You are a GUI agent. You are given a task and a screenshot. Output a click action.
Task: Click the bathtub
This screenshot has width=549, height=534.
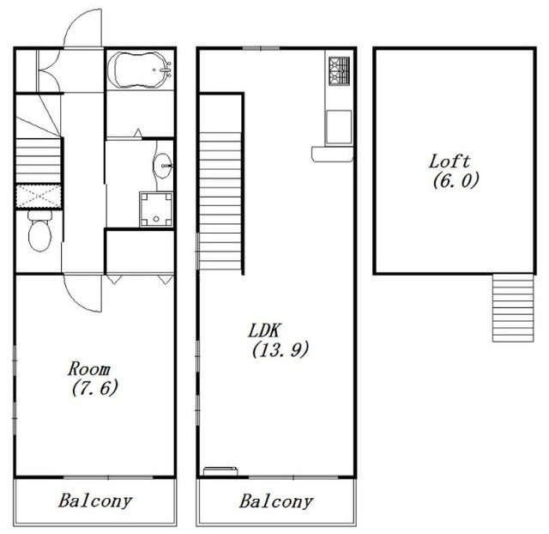click(x=140, y=70)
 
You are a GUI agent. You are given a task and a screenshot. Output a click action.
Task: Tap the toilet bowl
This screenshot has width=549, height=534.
click(x=39, y=231)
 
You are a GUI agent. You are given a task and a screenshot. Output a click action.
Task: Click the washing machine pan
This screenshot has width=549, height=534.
click(x=156, y=209)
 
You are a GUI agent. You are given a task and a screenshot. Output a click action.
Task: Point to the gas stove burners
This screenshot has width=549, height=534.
click(x=339, y=71)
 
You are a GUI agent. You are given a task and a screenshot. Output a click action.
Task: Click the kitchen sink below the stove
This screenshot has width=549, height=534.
click(x=338, y=127)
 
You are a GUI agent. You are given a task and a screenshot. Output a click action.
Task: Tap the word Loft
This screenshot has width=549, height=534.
click(x=449, y=162)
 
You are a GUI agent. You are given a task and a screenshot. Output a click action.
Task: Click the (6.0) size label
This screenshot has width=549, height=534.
click(x=455, y=180)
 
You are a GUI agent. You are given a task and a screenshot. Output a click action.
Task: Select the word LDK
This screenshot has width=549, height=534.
click(x=264, y=331)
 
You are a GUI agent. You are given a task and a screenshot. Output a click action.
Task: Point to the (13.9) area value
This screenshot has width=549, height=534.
click(x=281, y=349)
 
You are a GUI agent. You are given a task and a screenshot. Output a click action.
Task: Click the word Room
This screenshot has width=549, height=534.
click(x=89, y=368)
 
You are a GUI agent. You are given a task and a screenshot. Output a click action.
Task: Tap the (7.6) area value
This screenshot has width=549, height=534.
click(x=94, y=387)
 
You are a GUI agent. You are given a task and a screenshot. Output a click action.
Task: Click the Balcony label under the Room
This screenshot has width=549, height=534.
click(x=95, y=501)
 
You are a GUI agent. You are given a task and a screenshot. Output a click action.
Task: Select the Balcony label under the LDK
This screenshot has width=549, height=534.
click(x=276, y=501)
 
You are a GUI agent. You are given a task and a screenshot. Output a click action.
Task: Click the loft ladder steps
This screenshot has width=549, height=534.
click(x=513, y=307)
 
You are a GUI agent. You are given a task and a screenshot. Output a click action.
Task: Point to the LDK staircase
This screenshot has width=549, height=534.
click(x=220, y=201)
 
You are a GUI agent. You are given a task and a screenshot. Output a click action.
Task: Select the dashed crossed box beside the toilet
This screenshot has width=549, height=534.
click(x=39, y=197)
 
